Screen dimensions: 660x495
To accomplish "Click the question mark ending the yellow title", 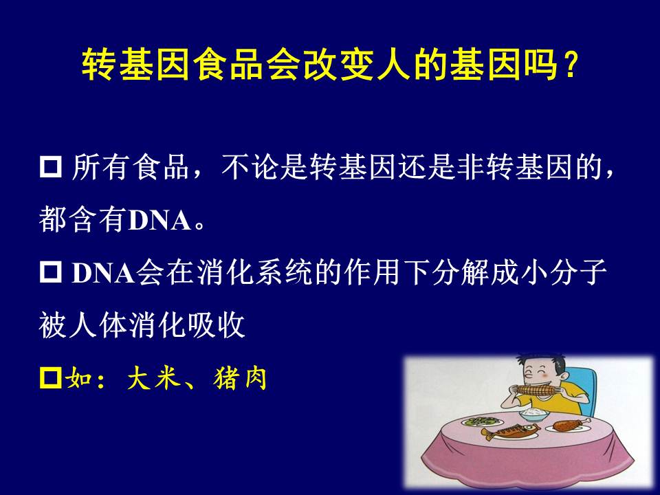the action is pyautogui.click(x=571, y=65).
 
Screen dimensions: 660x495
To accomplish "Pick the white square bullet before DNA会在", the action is pyautogui.click(x=50, y=272).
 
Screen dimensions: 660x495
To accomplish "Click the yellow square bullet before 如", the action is pyautogui.click(x=50, y=377).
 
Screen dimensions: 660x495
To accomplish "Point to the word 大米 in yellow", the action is pyautogui.click(x=154, y=377).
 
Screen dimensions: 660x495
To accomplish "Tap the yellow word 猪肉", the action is pyautogui.click(x=240, y=377).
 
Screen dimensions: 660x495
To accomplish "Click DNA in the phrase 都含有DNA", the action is pyautogui.click(x=159, y=220).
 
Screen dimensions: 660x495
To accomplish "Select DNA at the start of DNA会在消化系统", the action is pyautogui.click(x=104, y=273).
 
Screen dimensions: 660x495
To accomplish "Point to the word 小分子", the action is pyautogui.click(x=563, y=272).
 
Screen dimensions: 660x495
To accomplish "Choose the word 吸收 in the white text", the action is pyautogui.click(x=217, y=324).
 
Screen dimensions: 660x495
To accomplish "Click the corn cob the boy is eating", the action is pyautogui.click(x=536, y=390).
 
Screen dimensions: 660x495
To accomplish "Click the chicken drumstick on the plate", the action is pyautogui.click(x=569, y=425).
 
